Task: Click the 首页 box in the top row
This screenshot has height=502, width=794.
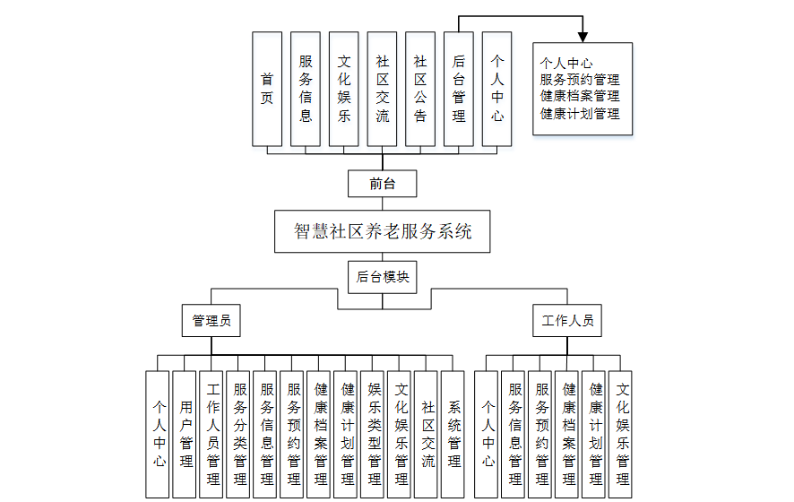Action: [267, 89]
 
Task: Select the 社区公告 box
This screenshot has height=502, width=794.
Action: [420, 89]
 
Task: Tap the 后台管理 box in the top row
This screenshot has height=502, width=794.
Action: [459, 89]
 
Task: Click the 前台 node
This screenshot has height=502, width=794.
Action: [382, 184]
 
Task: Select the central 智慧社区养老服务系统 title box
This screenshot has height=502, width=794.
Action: [383, 231]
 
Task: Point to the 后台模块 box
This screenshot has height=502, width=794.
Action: [383, 277]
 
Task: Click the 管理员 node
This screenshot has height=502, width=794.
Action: [211, 320]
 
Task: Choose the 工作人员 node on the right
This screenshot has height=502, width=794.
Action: [567, 320]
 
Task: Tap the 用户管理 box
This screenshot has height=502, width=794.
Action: [185, 434]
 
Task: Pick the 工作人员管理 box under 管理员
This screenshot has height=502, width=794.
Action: [212, 434]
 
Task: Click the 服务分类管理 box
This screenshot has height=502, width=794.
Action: [239, 434]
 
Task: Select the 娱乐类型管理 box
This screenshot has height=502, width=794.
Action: [374, 434]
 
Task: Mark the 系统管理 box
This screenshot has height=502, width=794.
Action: [453, 434]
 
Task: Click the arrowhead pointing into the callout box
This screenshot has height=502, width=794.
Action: [583, 37]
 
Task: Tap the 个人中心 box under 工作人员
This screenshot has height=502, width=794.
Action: [487, 434]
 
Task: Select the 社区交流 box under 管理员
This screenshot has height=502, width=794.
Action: [427, 434]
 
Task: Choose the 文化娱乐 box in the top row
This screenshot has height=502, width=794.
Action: [344, 89]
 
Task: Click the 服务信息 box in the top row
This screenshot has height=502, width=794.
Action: [306, 89]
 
